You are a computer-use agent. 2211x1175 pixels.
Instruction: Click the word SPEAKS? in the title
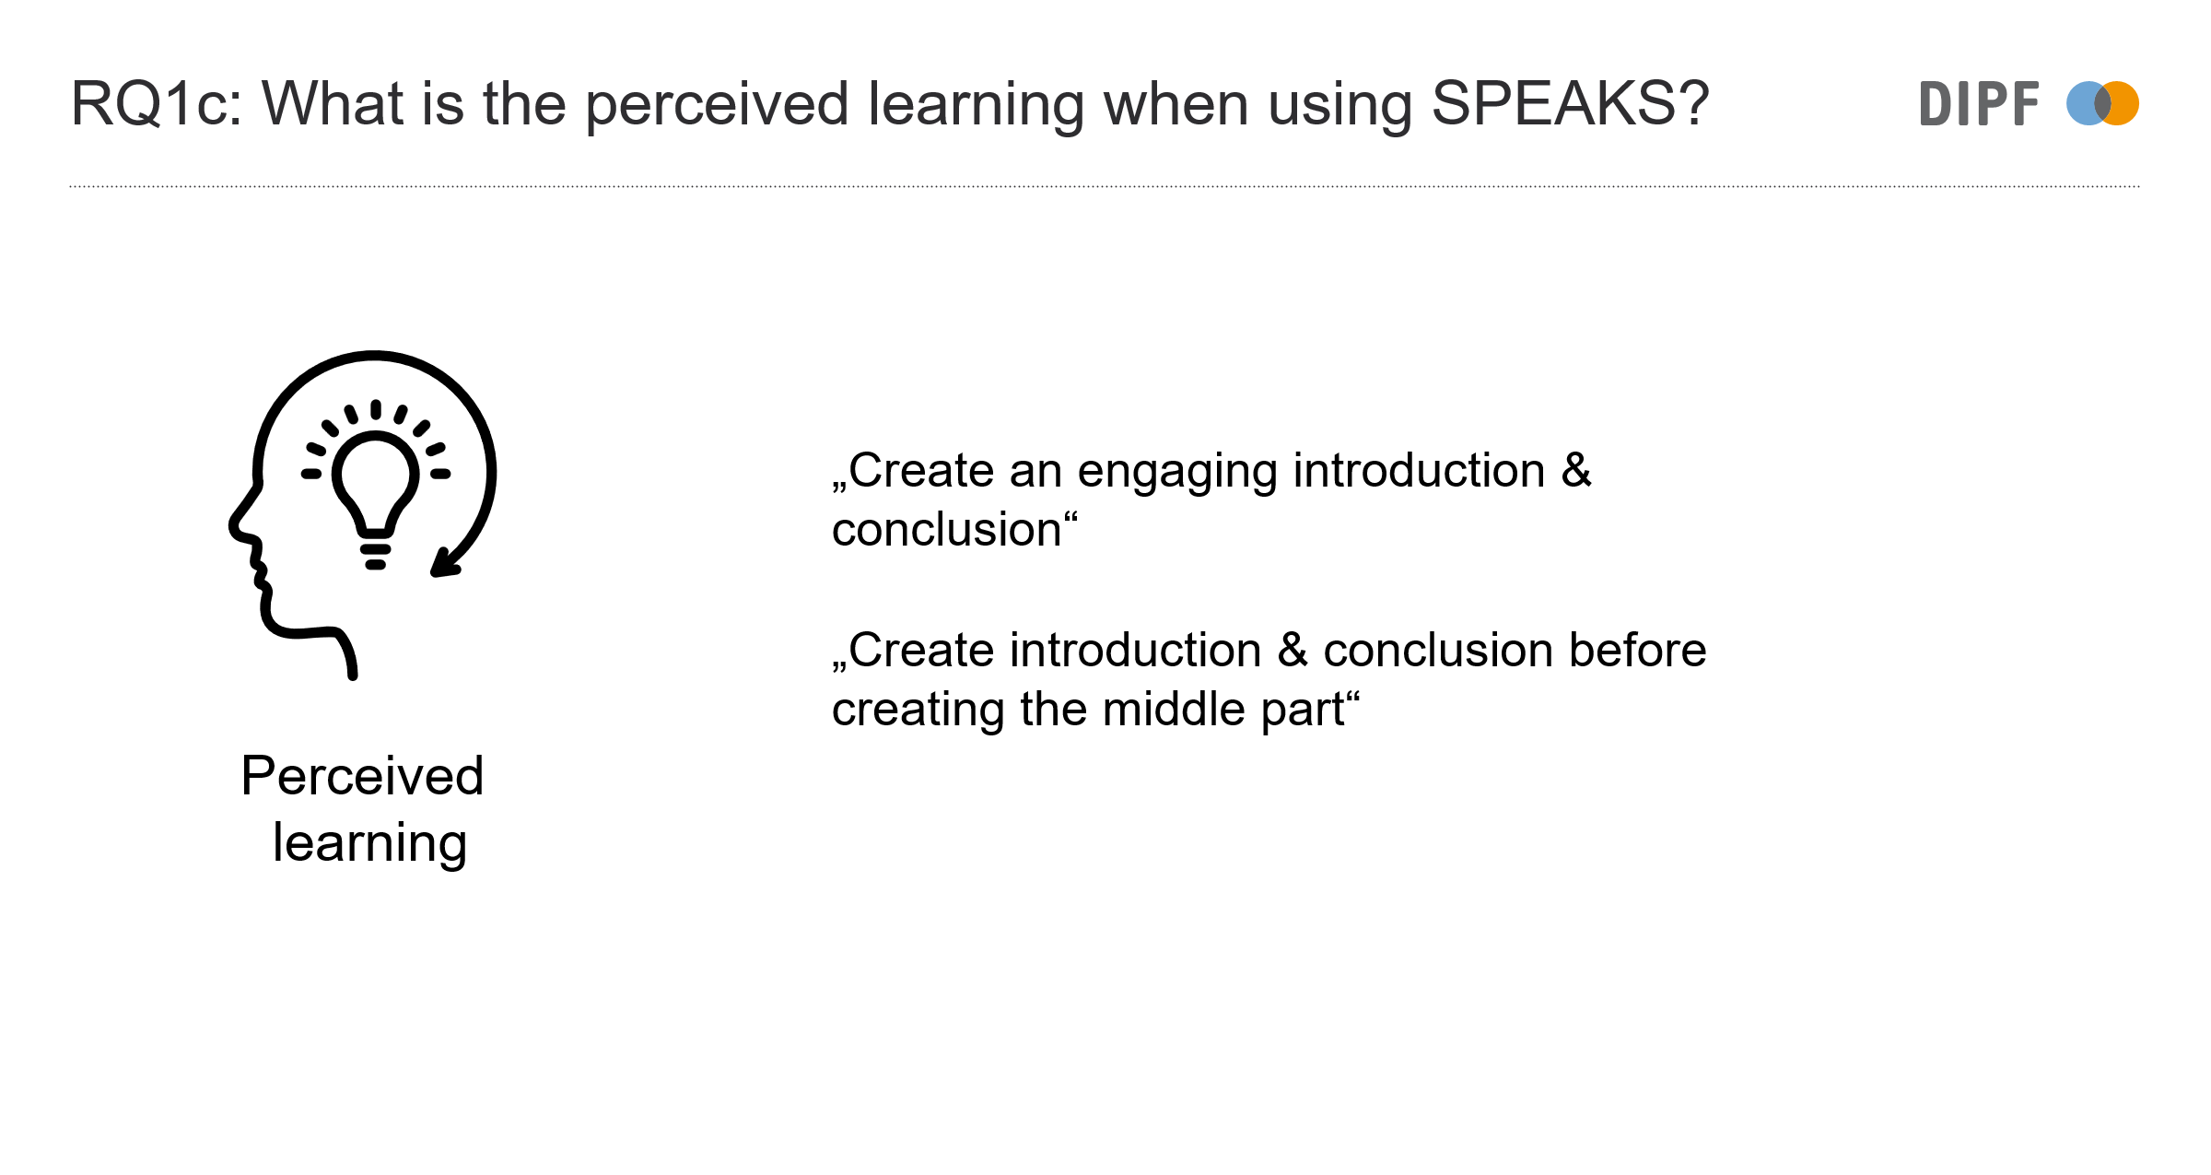tap(1570, 103)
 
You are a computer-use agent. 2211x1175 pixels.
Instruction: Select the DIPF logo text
tap(1979, 104)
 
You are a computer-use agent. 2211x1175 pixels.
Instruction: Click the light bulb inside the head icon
tap(375, 484)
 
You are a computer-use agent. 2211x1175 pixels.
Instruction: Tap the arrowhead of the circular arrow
tap(444, 565)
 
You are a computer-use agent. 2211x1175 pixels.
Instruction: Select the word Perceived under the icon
tap(362, 776)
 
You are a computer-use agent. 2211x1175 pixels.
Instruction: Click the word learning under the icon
tap(369, 843)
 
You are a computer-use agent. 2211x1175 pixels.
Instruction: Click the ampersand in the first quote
tap(1576, 470)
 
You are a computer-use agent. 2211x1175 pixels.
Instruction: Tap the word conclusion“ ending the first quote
tap(953, 530)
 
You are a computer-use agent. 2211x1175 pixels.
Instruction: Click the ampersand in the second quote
tap(1293, 651)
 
